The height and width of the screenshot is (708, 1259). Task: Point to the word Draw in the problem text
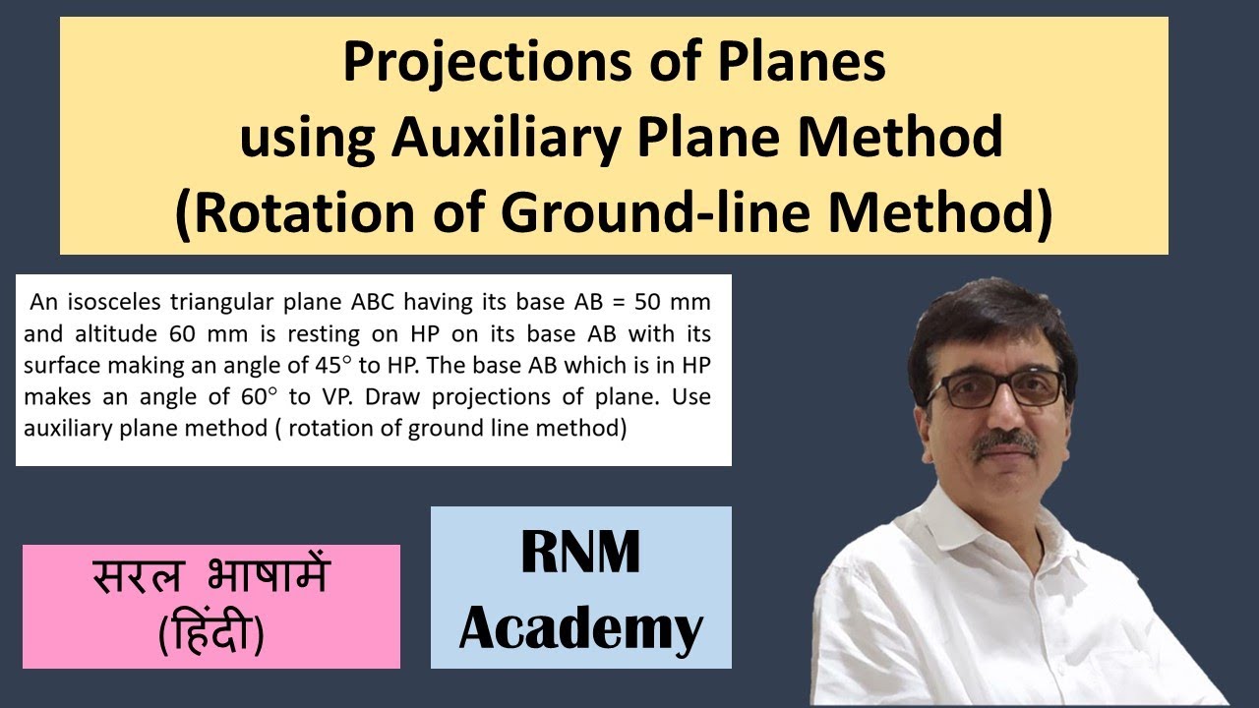click(x=390, y=396)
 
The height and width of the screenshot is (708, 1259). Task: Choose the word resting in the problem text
click(x=310, y=331)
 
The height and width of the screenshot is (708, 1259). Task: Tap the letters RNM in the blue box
click(x=580, y=553)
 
